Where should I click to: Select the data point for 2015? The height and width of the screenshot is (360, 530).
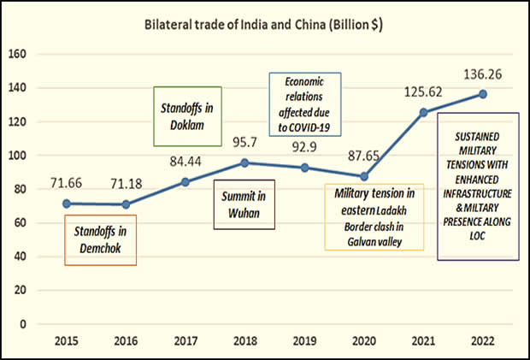66,204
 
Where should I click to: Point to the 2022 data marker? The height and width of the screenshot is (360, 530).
483,94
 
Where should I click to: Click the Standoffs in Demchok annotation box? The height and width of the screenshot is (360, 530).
101,239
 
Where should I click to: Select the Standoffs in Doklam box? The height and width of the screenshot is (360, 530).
187,115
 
